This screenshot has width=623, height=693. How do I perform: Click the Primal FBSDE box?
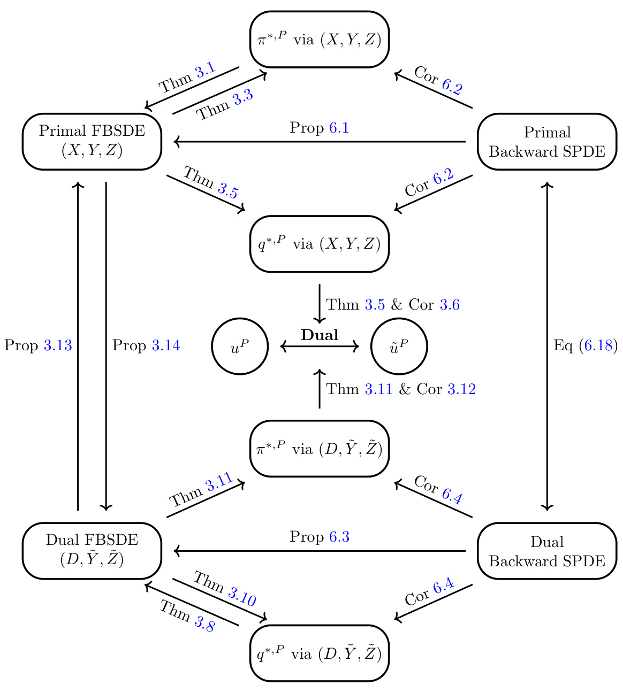(x=92, y=142)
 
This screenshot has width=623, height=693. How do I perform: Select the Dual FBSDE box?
(x=92, y=551)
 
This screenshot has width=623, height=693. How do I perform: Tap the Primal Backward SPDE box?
(x=546, y=142)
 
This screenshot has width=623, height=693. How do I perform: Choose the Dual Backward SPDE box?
(x=546, y=551)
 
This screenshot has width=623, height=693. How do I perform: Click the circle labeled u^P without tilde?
(x=240, y=347)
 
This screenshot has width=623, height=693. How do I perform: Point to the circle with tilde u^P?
(x=399, y=347)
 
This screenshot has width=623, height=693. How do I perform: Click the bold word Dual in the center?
(x=320, y=335)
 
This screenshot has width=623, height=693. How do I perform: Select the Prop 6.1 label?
(x=320, y=128)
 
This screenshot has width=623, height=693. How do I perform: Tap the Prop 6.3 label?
(x=320, y=537)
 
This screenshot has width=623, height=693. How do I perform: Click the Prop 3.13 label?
(x=38, y=346)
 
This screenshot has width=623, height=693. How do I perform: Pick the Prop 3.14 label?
(x=146, y=346)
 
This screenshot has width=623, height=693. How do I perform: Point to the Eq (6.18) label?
(x=585, y=346)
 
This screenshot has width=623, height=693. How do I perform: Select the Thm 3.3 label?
(x=225, y=105)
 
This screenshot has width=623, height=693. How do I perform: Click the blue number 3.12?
(x=461, y=389)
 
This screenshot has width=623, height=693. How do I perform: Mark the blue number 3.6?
(x=450, y=305)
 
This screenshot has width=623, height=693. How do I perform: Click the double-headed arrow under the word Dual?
(x=320, y=347)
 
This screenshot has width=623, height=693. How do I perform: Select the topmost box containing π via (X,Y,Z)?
(x=320, y=40)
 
